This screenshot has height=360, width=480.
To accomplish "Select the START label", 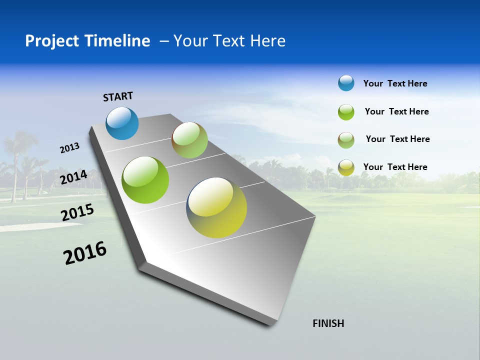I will point(118,96).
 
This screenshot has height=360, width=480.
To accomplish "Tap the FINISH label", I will point(328,323).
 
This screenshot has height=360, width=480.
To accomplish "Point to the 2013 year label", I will point(69,148).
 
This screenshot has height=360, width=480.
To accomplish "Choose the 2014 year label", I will point(73,177).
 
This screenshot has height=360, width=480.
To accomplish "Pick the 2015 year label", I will point(77,212).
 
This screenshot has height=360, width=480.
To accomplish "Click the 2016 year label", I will point(85,253).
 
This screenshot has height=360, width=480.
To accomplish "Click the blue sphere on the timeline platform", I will point(122,123).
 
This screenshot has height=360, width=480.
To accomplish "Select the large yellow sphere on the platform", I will point(216,207).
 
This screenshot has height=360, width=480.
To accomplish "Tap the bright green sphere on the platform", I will point(145,180).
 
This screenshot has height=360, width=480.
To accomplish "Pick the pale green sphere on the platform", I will point(189,140).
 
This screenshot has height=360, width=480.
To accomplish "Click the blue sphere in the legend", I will point(346,83).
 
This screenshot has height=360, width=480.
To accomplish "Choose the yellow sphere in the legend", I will point(346,167).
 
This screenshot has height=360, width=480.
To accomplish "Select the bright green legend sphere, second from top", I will point(346,112).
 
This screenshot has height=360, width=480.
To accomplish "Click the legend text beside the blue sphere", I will point(395,83).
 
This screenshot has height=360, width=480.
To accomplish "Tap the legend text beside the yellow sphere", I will point(395,167).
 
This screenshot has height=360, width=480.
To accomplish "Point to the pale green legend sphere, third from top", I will point(346,140).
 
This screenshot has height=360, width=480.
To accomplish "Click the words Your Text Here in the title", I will point(229,41).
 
